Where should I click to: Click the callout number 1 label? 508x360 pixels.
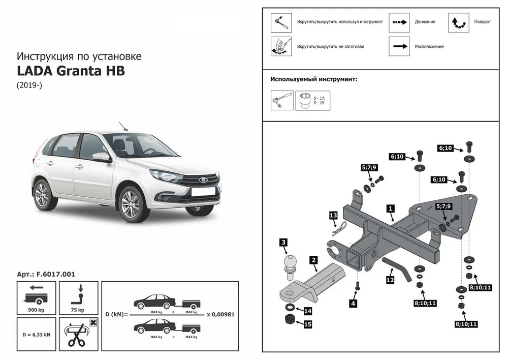(390, 208)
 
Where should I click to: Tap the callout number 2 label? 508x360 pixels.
(314, 260)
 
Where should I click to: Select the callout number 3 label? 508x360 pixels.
(283, 243)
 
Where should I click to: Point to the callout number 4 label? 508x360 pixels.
(353, 304)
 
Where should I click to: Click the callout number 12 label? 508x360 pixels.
(390, 279)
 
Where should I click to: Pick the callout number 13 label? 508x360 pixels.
(333, 216)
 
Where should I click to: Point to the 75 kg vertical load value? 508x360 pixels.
(78, 309)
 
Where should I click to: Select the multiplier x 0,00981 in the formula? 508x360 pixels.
(220, 314)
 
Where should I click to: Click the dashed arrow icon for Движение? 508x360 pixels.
(399, 22)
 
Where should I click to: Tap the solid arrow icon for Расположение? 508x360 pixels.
(399, 46)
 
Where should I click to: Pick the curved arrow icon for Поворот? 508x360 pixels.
(458, 22)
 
